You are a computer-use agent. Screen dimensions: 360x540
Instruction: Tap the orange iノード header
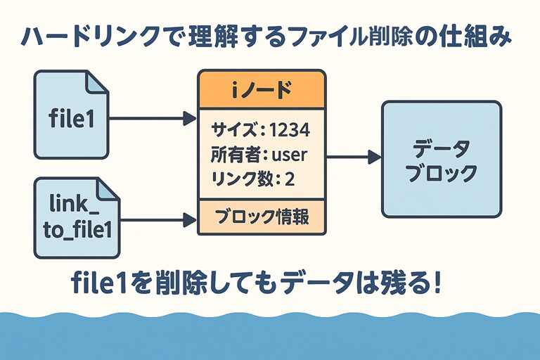coord(262,89)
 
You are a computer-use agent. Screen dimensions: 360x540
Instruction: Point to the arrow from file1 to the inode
coord(152,117)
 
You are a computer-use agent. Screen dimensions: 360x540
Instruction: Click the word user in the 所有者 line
coord(289,154)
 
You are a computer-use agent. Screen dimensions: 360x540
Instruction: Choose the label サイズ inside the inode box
coord(231,130)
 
